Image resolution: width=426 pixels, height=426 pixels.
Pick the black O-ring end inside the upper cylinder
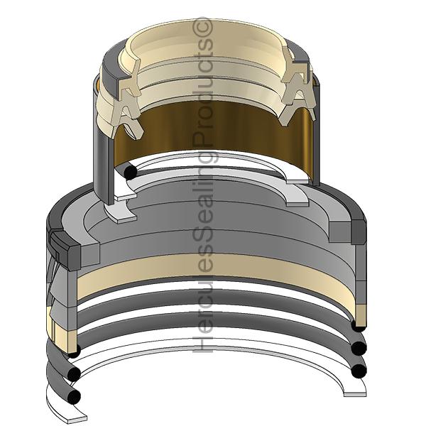click(x=130, y=173)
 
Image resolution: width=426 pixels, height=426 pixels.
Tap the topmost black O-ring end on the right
click(x=359, y=325)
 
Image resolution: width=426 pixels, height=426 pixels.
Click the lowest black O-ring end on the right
click(x=359, y=371)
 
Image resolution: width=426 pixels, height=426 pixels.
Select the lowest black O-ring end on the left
click(x=74, y=397)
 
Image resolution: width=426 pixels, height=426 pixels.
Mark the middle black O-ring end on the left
click(x=74, y=374)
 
